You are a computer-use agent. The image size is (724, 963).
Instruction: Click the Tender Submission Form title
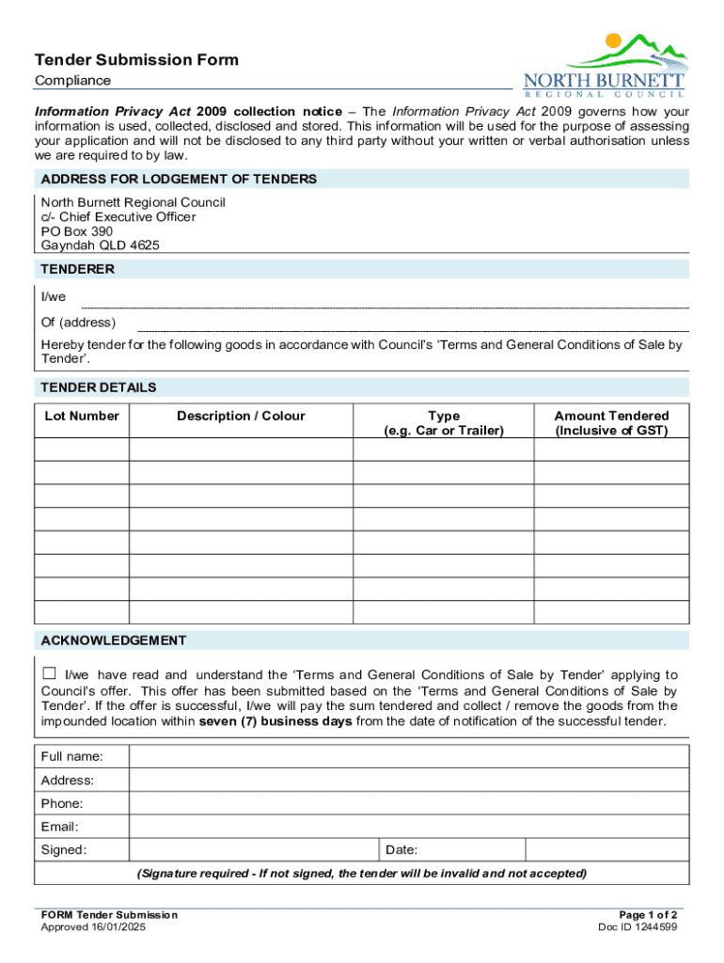click(136, 60)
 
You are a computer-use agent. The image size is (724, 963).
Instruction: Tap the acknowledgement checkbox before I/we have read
click(49, 674)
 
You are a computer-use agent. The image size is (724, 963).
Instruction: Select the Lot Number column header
click(82, 416)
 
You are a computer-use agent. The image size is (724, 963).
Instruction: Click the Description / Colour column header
click(241, 416)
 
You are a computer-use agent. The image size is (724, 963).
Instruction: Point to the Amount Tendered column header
click(611, 423)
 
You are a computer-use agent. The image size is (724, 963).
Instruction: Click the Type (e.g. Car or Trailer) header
click(443, 423)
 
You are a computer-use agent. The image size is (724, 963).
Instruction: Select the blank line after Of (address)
click(413, 326)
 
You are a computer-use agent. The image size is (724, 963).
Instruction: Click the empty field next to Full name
click(408, 757)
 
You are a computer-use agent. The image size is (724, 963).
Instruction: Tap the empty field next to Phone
click(408, 804)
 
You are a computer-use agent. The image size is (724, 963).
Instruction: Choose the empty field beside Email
click(408, 828)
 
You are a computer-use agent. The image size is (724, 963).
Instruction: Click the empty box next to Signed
click(253, 850)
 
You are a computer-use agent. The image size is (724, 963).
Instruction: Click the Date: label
click(401, 851)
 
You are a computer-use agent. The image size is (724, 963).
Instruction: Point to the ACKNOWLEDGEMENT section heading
click(113, 640)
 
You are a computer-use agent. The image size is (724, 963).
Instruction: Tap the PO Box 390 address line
click(76, 231)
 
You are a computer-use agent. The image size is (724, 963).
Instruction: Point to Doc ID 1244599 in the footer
click(637, 927)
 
